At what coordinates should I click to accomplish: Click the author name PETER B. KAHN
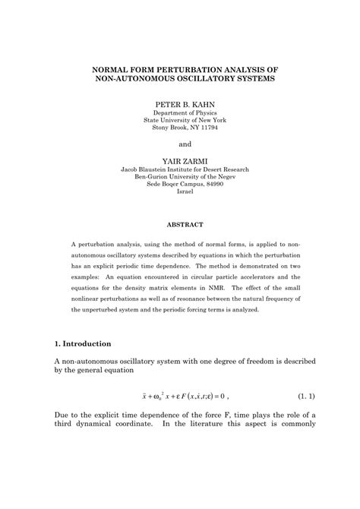[x=180, y=101]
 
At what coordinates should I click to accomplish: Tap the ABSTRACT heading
[x=180, y=226]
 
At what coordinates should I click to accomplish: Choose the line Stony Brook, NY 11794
[x=180, y=128]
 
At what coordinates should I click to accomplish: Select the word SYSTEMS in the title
[x=251, y=78]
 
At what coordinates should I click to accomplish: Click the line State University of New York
[x=180, y=120]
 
